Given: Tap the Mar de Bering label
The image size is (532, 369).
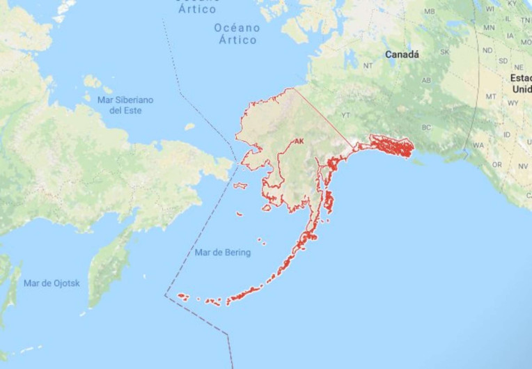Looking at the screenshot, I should coord(223,253).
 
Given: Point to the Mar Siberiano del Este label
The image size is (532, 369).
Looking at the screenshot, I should coord(125,105).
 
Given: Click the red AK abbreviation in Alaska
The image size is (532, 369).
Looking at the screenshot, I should coord(299,141).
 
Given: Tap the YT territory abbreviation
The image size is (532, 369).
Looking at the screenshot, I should coord(345,115).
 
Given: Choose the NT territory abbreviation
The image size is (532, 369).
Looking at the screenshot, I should coord(368,65).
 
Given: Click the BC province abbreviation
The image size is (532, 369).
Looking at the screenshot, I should coord(427,127).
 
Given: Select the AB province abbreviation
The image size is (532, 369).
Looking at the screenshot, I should coord(427,80).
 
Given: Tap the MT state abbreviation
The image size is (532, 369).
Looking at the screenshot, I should coord(491,96).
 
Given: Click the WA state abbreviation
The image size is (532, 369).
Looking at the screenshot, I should coord(478,145).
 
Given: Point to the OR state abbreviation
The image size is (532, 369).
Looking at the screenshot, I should coord(496,165).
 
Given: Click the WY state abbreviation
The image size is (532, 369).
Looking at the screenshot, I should coord(513,103).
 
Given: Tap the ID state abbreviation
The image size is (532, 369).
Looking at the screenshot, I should coord(506,134).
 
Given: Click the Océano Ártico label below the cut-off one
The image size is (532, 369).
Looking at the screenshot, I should coord(237,33).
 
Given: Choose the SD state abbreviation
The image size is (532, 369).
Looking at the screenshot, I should coord(501,61).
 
